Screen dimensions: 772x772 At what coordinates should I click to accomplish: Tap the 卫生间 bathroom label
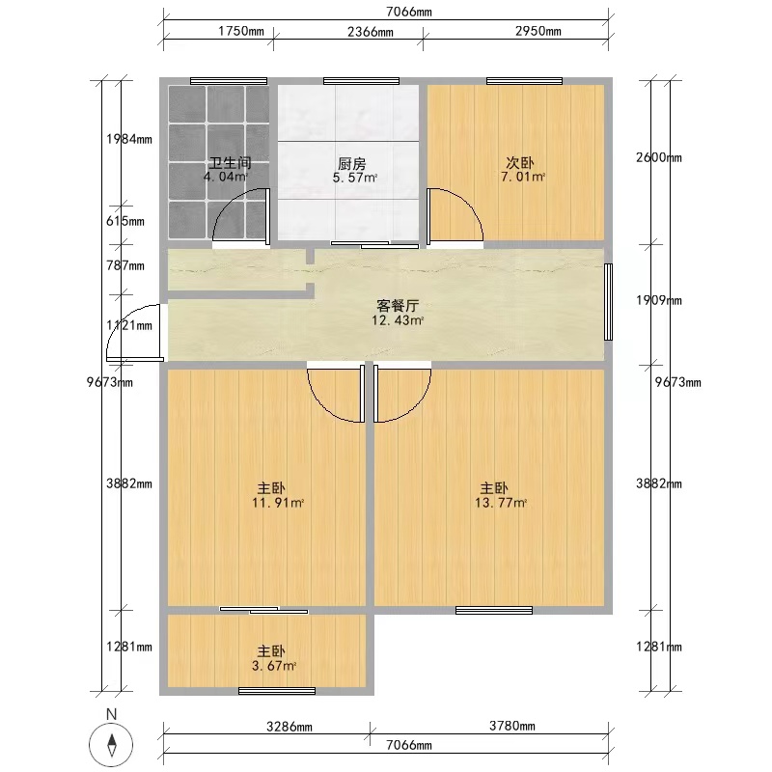click(x=230, y=162)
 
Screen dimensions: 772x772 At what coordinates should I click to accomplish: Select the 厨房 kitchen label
click(x=352, y=163)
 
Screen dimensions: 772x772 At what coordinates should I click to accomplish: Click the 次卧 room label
click(x=520, y=162)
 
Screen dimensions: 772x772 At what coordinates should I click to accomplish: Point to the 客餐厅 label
click(x=398, y=306)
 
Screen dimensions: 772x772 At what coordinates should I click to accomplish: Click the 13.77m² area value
click(x=501, y=503)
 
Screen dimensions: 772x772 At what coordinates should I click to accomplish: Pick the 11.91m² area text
click(x=278, y=503)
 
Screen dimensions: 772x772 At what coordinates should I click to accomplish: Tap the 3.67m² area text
click(x=274, y=666)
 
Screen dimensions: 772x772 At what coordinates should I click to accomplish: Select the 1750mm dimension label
click(x=241, y=31)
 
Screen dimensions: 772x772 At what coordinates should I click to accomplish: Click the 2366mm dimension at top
click(x=371, y=32)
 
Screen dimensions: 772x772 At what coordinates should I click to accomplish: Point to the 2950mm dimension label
click(x=538, y=31)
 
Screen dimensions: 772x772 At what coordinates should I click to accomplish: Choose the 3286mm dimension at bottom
click(x=289, y=727)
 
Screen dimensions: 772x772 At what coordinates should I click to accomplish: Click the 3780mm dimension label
click(x=512, y=726)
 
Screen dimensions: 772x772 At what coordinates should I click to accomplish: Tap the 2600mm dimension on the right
click(x=659, y=157)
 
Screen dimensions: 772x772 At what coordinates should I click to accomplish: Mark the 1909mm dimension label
click(x=659, y=300)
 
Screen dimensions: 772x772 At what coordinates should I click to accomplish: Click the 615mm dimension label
click(x=125, y=221)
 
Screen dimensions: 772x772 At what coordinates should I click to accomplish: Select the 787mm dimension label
click(x=125, y=266)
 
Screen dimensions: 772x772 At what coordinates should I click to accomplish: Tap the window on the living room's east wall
click(x=609, y=302)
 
